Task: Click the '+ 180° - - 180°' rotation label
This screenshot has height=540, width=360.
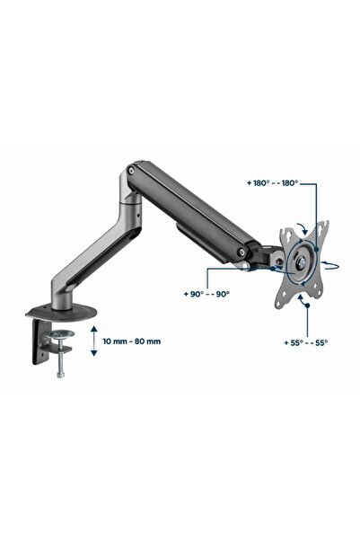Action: (x=272, y=183)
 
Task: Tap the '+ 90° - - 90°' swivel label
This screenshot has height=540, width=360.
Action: (x=206, y=294)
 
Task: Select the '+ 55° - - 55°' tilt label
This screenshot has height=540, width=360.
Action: (x=305, y=342)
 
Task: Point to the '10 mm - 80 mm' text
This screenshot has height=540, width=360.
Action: (x=131, y=341)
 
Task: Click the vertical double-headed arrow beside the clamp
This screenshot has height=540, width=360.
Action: (x=94, y=341)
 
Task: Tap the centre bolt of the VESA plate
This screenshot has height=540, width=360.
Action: (x=303, y=263)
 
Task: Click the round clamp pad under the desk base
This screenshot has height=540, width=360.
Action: (x=60, y=333)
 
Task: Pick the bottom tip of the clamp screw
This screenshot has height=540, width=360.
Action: (x=60, y=376)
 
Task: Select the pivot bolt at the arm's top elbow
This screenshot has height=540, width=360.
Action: (x=130, y=170)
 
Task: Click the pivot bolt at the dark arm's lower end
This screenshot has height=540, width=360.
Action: (x=243, y=252)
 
